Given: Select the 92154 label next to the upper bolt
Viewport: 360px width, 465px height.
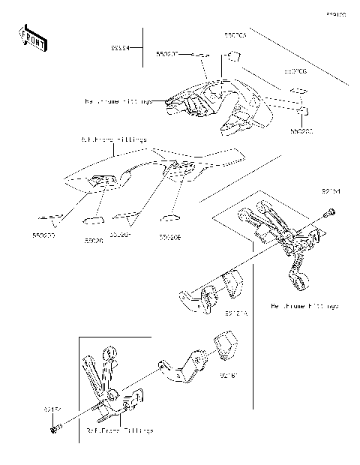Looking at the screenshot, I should coord(331,192).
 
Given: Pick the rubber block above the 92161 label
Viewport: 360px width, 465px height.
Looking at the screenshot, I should coord(225,345).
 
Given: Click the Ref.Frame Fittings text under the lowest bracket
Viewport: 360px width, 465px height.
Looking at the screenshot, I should coord(119,431).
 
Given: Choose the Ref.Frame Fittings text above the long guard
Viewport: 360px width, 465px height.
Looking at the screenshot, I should coord(113,139).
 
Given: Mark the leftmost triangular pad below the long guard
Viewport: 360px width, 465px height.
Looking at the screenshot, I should coord(52,220).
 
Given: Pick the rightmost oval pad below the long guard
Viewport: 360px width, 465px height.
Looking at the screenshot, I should coord(171,219).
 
